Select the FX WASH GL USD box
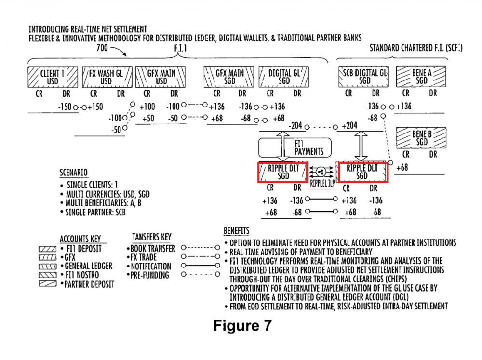point(106,77)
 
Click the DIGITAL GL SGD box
point(284,77)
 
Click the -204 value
point(295,125)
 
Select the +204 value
point(349,125)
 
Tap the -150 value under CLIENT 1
point(65,107)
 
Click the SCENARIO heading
point(73,172)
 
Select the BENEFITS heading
point(236,231)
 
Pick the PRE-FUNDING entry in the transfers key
point(150,275)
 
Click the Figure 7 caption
point(242,325)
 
